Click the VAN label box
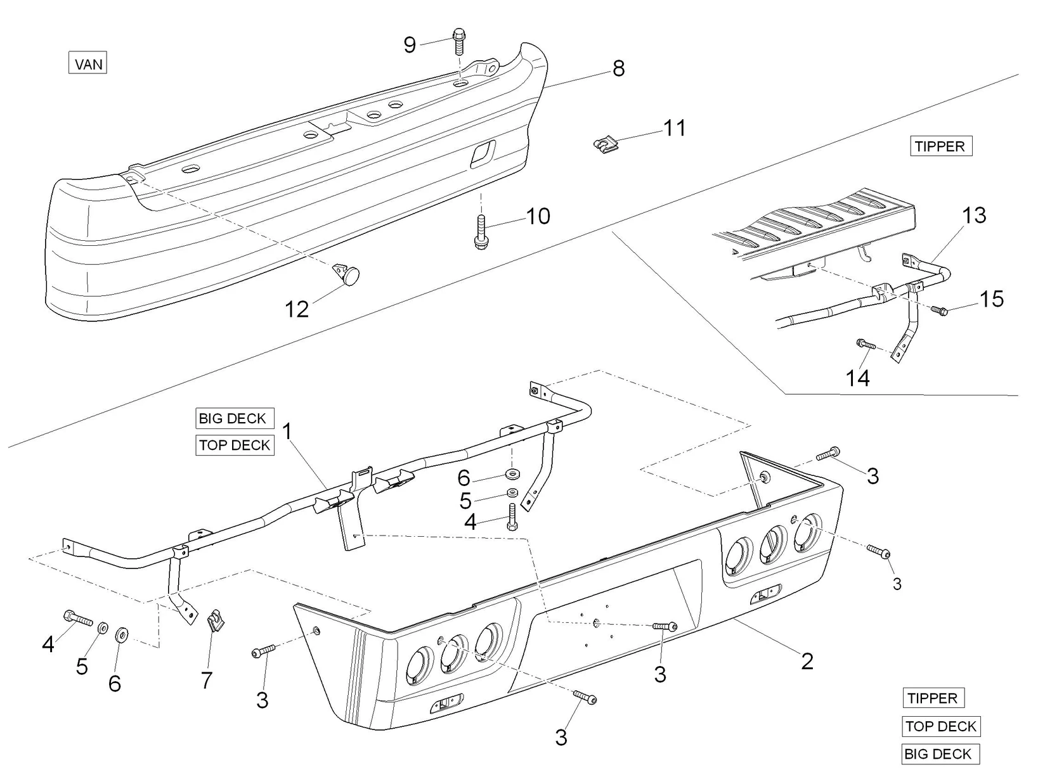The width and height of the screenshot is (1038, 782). pos(88,64)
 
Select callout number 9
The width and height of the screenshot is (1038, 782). pos(410,45)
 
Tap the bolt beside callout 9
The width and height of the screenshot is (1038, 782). pos(459,42)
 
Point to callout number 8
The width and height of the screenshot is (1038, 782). pos(618,68)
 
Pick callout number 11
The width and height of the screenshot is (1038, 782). pos(675,128)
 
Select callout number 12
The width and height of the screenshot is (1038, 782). pos(297,309)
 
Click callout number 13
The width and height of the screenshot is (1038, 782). pos(974,215)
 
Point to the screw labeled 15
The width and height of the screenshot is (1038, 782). pos(939,311)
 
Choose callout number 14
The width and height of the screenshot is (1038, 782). pos(858,378)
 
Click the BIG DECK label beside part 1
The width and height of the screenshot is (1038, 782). pos(233,418)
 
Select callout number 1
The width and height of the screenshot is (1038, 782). pos(287,432)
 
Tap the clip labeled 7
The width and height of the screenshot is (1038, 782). pos(217,622)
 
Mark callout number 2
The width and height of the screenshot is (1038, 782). pos(807,661)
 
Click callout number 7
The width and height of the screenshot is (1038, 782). pos(206,681)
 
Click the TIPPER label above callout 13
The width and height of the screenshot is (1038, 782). pos(940,146)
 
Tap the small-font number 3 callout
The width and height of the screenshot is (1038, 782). pos(897,584)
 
